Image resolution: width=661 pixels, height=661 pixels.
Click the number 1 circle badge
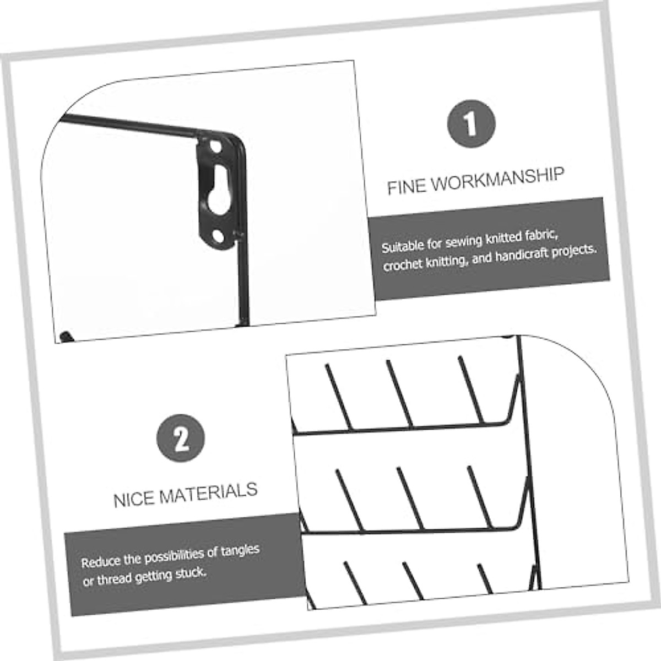point(471,123)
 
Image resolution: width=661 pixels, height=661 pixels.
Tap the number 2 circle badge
point(181,438)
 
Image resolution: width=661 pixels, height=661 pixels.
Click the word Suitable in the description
point(403,246)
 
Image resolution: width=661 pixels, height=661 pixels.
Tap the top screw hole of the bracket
point(215,147)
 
